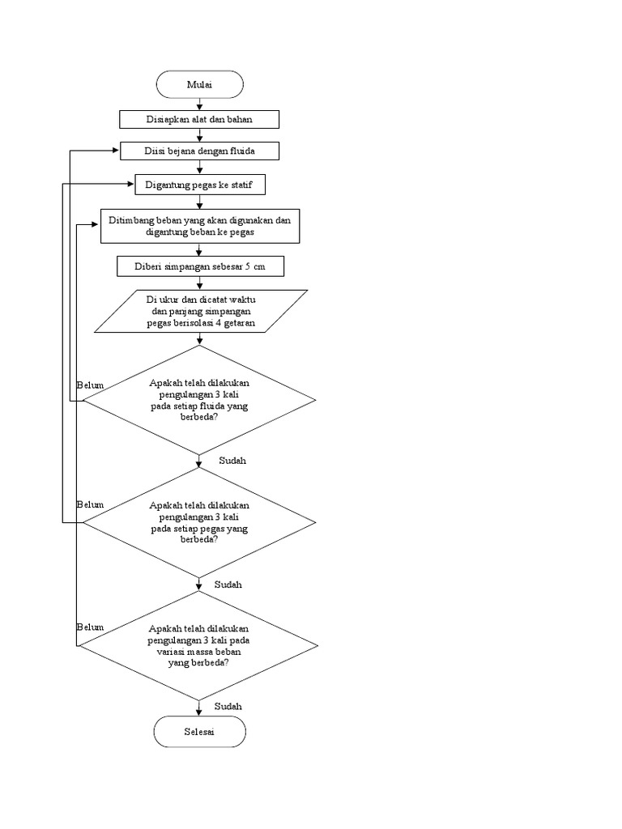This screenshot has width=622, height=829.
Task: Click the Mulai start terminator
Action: (x=199, y=84)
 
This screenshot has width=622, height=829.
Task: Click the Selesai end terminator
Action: (x=199, y=732)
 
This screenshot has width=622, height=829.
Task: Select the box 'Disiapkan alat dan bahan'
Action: (x=199, y=120)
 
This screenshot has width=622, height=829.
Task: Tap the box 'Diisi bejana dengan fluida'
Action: (x=199, y=151)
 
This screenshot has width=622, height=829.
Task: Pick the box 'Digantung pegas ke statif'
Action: (x=199, y=185)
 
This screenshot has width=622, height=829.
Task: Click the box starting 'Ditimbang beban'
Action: (x=199, y=226)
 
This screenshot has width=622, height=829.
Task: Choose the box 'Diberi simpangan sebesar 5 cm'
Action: (x=199, y=267)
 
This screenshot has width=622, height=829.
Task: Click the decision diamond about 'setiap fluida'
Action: (x=199, y=400)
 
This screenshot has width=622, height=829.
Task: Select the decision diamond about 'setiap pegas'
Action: (x=199, y=522)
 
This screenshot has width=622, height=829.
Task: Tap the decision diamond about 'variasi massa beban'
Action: (x=199, y=645)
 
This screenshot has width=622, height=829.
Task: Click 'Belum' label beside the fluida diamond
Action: (x=90, y=385)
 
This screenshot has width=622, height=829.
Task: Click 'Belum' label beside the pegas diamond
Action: (x=90, y=504)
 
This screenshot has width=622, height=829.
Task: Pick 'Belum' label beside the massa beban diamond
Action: (x=90, y=627)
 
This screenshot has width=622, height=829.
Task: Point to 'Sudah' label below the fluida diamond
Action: (x=232, y=461)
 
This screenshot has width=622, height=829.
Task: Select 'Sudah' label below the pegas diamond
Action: (x=228, y=584)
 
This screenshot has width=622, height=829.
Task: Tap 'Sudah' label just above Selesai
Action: (x=228, y=706)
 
